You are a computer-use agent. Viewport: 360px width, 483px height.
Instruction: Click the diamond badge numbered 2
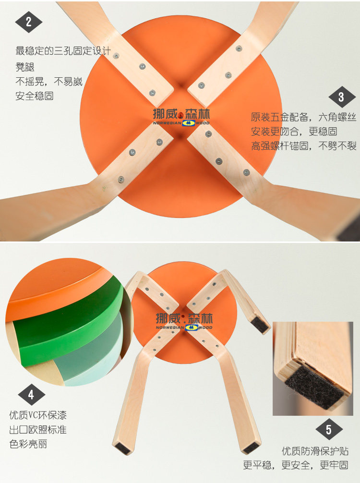click(x=29, y=22)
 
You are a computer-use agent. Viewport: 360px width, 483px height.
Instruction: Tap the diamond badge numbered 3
click(x=342, y=97)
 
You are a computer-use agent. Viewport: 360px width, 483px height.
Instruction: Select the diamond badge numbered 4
click(x=31, y=395)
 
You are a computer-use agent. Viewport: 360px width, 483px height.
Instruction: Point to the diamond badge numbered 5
click(x=329, y=429)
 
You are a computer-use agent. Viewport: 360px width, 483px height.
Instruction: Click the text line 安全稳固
click(x=35, y=96)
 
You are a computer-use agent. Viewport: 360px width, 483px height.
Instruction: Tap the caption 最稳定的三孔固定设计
click(x=63, y=51)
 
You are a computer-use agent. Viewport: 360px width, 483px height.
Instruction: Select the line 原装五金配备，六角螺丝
click(x=303, y=117)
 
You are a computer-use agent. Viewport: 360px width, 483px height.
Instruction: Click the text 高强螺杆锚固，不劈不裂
click(x=303, y=145)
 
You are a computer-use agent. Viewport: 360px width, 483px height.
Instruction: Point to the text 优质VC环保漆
click(x=38, y=415)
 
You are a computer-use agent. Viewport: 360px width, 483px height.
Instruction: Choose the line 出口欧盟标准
click(x=38, y=429)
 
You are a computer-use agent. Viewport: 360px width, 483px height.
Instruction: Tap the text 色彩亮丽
click(x=28, y=444)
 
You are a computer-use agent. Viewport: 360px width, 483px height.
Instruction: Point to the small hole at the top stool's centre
click(x=180, y=116)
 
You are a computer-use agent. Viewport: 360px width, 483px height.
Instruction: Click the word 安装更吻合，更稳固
click(x=294, y=132)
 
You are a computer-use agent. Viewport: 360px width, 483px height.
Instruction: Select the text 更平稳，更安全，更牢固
click(x=296, y=465)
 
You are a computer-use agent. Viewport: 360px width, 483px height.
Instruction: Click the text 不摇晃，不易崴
click(x=49, y=82)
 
